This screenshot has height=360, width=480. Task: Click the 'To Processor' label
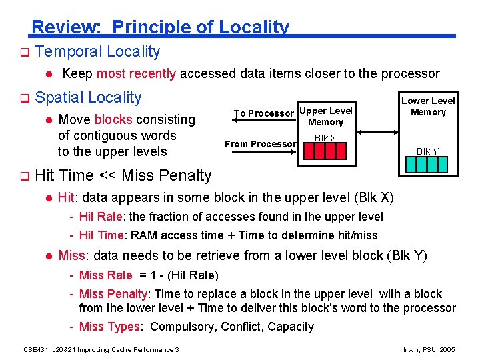point(263,113)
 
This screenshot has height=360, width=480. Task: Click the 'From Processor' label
point(260,144)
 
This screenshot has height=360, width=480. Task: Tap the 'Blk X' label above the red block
point(325,138)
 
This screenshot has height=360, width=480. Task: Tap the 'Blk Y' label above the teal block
point(427,151)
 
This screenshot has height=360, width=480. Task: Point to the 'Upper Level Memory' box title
point(325,116)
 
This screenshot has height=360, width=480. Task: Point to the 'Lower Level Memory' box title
point(428,106)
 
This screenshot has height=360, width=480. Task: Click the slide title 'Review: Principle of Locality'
point(160,27)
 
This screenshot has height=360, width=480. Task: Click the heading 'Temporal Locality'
point(97,51)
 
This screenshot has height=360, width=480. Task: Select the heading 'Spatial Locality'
point(88,97)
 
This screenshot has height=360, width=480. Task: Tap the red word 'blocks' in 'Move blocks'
point(113,119)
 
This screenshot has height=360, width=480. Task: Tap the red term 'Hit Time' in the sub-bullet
point(101,235)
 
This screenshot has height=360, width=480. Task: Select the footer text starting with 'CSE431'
point(101,350)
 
